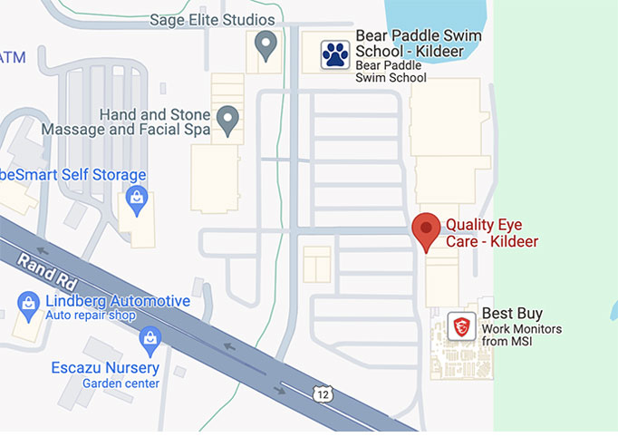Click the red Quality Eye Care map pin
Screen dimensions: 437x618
(427, 231)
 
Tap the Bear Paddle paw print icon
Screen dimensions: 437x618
(335, 55)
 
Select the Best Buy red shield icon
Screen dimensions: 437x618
(461, 326)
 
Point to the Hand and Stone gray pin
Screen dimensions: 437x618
(228, 120)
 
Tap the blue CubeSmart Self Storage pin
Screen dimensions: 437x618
(137, 199)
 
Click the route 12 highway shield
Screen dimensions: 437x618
(322, 393)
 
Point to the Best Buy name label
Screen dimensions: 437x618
(512, 314)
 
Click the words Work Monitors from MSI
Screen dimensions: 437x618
(521, 335)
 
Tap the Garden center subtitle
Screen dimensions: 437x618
(121, 384)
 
